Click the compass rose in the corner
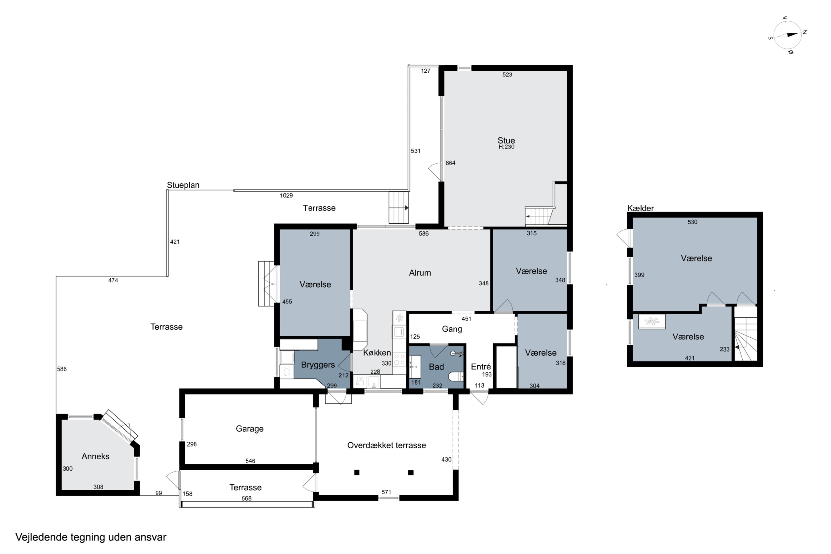(x=788, y=35)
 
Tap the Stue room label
(x=506, y=140)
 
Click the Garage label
(x=250, y=429)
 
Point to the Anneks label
(x=95, y=456)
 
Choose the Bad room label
(x=436, y=367)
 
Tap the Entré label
(x=481, y=366)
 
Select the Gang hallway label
(x=452, y=329)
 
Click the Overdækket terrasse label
(x=386, y=445)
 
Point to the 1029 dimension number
(x=286, y=195)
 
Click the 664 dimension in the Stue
(x=450, y=163)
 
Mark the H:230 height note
(x=506, y=147)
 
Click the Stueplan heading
(x=183, y=185)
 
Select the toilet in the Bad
(x=456, y=377)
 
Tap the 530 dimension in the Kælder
(x=693, y=222)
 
